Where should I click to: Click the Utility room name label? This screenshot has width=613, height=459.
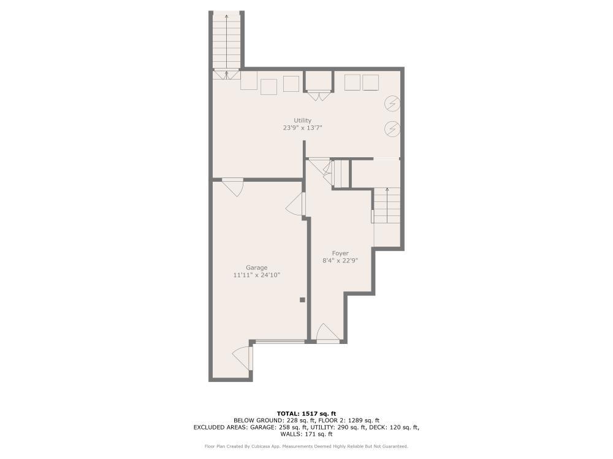302,121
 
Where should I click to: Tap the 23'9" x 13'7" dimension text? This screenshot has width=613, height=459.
302,128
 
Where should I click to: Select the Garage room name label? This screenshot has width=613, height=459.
257,267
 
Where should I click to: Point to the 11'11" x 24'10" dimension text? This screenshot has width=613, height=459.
257,275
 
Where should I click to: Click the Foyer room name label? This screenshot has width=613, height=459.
340,253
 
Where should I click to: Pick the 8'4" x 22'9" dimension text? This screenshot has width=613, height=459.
340,261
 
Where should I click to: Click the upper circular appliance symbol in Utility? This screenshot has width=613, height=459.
392,103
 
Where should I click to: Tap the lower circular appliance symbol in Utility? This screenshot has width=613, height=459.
392,129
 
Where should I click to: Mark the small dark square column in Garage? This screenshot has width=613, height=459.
302,300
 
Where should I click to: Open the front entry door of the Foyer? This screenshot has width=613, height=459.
327,334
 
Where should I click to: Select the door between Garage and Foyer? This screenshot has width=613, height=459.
297,204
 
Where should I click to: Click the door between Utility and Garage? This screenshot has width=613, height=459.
232,185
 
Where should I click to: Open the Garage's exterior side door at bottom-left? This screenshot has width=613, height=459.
243,358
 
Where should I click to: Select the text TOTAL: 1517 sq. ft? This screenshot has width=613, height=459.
306,414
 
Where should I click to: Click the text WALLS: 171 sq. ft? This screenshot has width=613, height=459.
306,434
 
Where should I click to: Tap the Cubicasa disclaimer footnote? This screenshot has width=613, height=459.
306,446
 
